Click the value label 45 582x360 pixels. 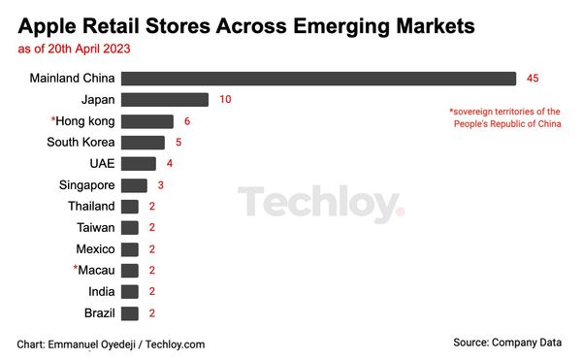pyautogui.click(x=533, y=79)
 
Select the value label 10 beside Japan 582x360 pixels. pyautogui.click(x=226, y=100)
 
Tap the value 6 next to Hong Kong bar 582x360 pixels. pyautogui.click(x=187, y=121)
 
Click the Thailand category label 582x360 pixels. pyautogui.click(x=91, y=207)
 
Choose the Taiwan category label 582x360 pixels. pyautogui.click(x=95, y=228)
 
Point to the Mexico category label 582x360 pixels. pyautogui.click(x=95, y=249)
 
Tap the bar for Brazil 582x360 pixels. pyautogui.click(x=130, y=313)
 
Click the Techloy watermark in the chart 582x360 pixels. pyautogui.click(x=321, y=205)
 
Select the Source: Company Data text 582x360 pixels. pyautogui.click(x=508, y=343)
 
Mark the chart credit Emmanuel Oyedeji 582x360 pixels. pyautogui.click(x=111, y=344)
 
